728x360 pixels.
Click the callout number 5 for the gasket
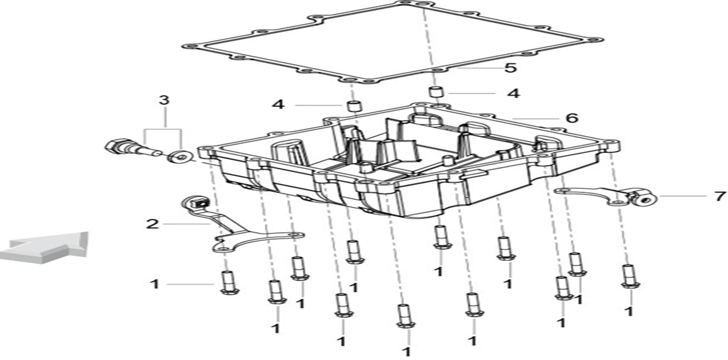click(510, 68)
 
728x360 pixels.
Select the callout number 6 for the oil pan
click(572, 118)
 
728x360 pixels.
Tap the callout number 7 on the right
click(720, 197)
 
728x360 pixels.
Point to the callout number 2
click(152, 224)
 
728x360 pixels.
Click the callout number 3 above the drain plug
click(164, 100)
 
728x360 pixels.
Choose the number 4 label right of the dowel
click(514, 94)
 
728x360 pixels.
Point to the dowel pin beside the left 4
click(354, 105)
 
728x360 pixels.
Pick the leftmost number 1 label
click(154, 284)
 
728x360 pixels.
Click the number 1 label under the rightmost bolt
click(629, 311)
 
